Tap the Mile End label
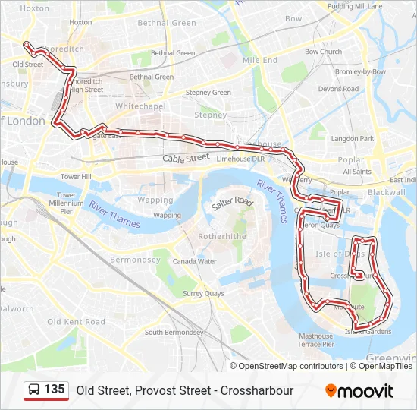[x=260, y=60]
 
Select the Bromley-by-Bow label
[x=360, y=71]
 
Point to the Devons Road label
[x=338, y=89]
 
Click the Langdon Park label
[x=353, y=139]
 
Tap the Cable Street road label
[x=186, y=158]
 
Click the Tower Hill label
[x=76, y=176]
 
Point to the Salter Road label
[x=232, y=203]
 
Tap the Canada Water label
[x=194, y=261]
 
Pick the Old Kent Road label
[x=76, y=322]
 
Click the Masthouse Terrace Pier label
[x=315, y=339]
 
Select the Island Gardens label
[x=368, y=332]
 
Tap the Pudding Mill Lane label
[x=355, y=6]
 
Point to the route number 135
[x=54, y=389]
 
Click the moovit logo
[x=359, y=391]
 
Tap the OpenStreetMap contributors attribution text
[x=290, y=366]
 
